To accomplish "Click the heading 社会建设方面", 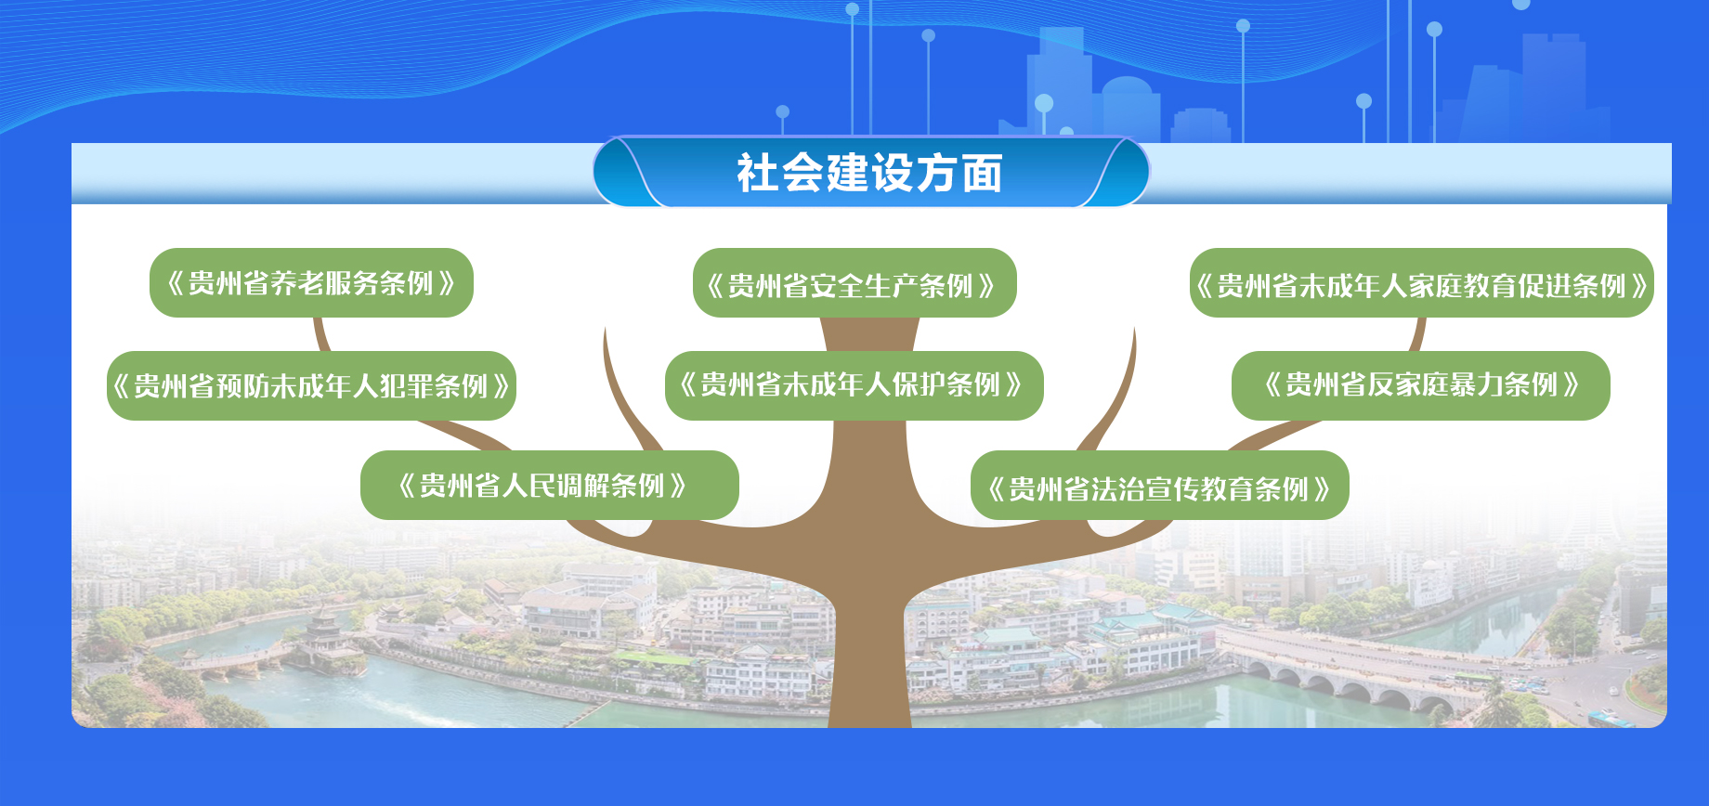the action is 870,173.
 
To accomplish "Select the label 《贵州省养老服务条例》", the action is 311,282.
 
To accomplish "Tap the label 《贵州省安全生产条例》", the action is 854,283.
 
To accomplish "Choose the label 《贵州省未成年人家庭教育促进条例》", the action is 1422,283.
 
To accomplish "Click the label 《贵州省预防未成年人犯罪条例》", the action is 311,385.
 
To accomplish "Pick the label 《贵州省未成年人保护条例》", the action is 854,385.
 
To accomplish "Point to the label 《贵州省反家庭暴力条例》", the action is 1421,385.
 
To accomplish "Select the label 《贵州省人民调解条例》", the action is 550,485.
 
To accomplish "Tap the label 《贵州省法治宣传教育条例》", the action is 1160,486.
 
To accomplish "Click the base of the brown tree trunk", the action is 869,715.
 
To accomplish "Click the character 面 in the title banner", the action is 983,174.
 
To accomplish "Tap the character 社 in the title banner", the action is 758,174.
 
